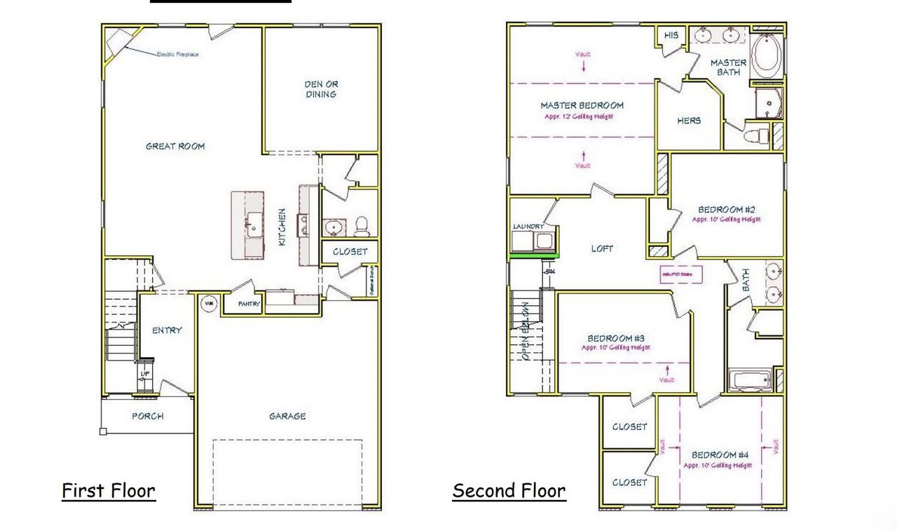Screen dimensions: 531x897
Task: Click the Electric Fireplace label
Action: [177, 54]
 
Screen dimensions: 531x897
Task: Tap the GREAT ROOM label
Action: [175, 146]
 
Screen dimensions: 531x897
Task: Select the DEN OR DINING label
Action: [321, 89]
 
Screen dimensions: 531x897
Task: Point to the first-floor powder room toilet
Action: [362, 225]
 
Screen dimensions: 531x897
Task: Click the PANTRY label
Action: [249, 304]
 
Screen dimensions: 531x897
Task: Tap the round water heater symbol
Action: [208, 304]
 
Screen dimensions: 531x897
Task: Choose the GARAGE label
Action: [287, 416]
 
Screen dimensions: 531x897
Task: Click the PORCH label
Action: [148, 416]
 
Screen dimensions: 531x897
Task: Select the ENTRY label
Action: [167, 330]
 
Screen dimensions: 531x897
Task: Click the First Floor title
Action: [109, 490]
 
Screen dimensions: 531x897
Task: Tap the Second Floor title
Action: [509, 490]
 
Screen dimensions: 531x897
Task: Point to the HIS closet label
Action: [671, 35]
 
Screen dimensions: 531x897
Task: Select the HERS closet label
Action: [689, 121]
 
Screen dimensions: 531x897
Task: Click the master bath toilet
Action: [755, 135]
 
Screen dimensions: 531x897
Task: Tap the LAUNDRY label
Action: [528, 227]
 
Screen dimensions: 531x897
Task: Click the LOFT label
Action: [602, 248]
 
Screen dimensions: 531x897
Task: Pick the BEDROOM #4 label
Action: [720, 455]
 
